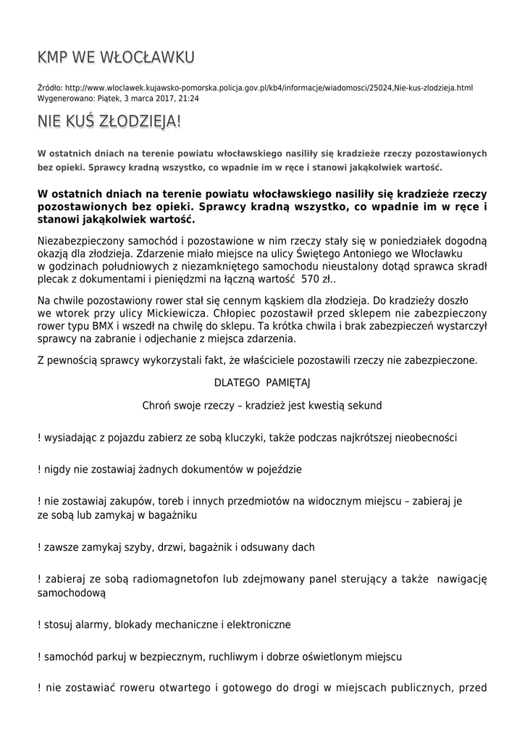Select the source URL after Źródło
click(269, 88)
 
